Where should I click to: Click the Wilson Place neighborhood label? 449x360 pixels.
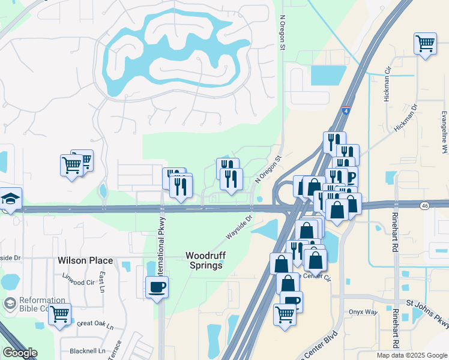[85, 260]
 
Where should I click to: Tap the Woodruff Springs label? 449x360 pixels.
[205, 260]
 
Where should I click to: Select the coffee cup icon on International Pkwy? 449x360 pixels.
[157, 287]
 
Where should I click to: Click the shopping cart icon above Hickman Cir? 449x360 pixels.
[425, 43]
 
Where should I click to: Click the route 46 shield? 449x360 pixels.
[425, 205]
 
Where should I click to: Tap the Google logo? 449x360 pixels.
[20, 353]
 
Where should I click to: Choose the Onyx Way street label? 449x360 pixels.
[364, 312]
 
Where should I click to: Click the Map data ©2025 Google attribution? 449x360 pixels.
[411, 355]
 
